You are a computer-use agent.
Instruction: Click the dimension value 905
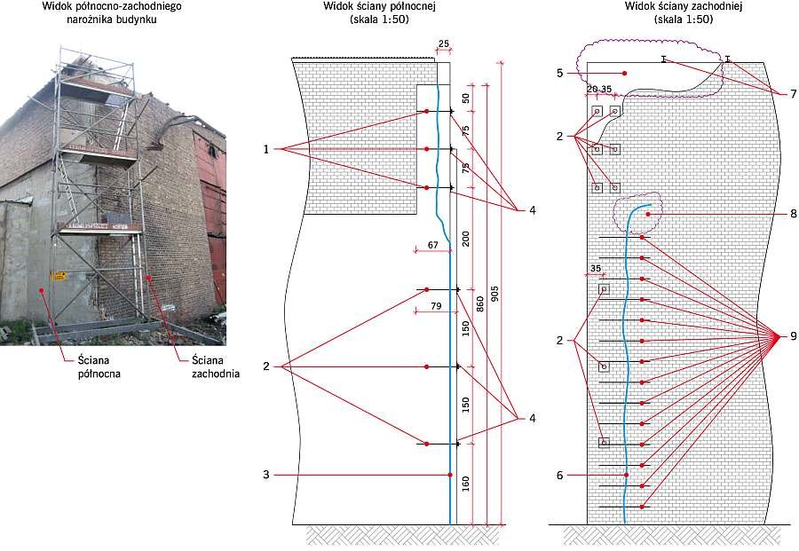pyautogui.click(x=495, y=294)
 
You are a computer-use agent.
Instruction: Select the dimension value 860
pyautogui.click(x=480, y=303)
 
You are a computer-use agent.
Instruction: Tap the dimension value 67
pyautogui.click(x=432, y=245)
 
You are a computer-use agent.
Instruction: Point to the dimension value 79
pyautogui.click(x=436, y=306)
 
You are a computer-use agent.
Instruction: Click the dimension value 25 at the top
pyautogui.click(x=444, y=43)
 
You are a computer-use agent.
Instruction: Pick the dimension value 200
pyautogui.click(x=466, y=239)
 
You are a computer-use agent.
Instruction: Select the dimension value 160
pyautogui.click(x=466, y=484)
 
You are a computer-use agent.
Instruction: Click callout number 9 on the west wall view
pyautogui.click(x=793, y=336)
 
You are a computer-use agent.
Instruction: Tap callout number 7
pyautogui.click(x=793, y=94)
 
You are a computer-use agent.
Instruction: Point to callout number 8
pyautogui.click(x=793, y=215)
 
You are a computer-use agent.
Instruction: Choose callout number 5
pyautogui.click(x=559, y=74)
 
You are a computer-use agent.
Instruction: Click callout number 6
pyautogui.click(x=559, y=475)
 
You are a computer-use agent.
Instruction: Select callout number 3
pyautogui.click(x=266, y=475)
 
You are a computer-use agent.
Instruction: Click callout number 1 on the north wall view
pyautogui.click(x=266, y=149)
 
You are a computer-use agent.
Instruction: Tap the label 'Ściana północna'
pyautogui.click(x=99, y=367)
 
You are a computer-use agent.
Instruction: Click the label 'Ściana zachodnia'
pyautogui.click(x=216, y=367)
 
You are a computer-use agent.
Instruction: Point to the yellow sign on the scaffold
pyautogui.click(x=59, y=276)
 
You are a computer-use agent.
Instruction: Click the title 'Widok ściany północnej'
pyautogui.click(x=379, y=6)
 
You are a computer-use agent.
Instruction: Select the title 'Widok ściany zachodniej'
pyautogui.click(x=684, y=6)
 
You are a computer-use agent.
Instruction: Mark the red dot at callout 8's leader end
pyautogui.click(x=648, y=215)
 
